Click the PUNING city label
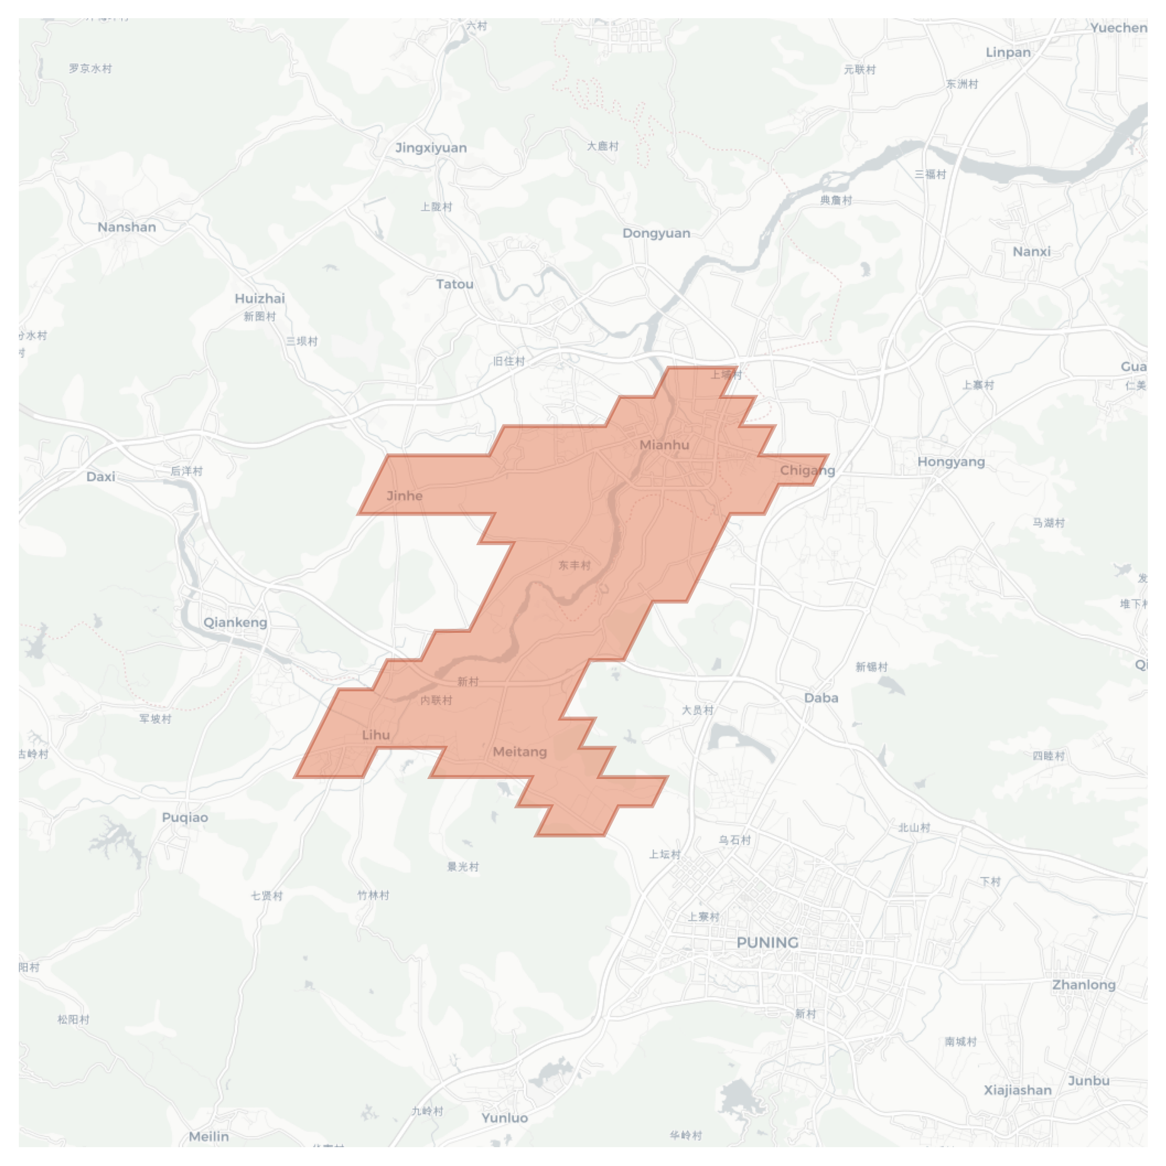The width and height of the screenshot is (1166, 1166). click(767, 943)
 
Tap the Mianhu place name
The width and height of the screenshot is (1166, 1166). click(664, 445)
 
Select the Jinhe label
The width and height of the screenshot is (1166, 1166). click(405, 496)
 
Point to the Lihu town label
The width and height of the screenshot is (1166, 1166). click(376, 734)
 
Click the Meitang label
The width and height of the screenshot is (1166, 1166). click(519, 751)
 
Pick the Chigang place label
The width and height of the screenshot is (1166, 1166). click(807, 470)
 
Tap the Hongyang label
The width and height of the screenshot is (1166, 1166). click(951, 462)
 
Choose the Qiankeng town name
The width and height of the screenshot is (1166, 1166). click(235, 622)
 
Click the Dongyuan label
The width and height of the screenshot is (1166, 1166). click(656, 233)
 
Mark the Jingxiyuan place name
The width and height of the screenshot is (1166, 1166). click(431, 147)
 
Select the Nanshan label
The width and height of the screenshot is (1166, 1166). click(127, 227)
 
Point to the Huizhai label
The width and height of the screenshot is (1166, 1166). click(260, 298)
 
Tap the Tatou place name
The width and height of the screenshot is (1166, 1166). click(455, 284)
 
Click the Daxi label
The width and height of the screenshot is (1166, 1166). click(101, 477)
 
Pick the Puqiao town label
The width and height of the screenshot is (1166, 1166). click(185, 817)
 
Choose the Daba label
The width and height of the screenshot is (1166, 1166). click(821, 697)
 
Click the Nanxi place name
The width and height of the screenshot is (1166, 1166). click(1031, 252)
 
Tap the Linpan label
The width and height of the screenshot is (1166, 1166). click(1008, 52)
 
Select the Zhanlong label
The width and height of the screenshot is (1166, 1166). click(1084, 985)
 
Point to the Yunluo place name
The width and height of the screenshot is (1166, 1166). click(505, 1118)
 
